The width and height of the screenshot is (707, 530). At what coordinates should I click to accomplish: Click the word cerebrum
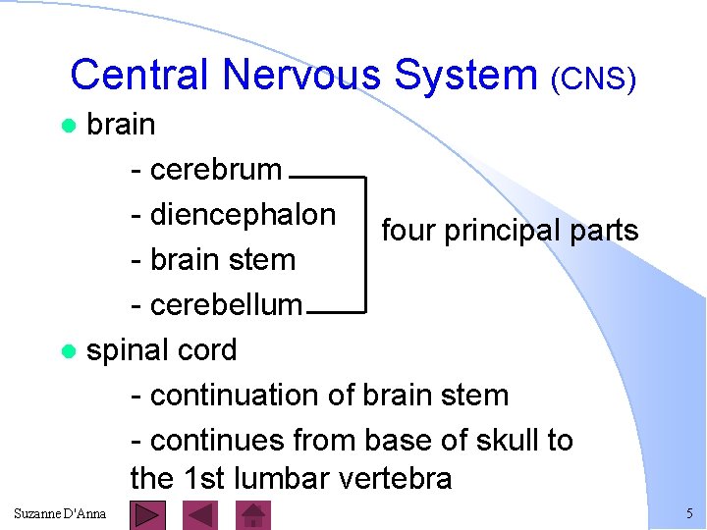pos(216,170)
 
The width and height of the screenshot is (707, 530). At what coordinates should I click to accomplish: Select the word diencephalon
pos(243,215)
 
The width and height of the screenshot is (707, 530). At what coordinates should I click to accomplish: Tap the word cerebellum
pos(227,305)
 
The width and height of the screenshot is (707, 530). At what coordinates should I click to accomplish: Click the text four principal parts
pos(510,231)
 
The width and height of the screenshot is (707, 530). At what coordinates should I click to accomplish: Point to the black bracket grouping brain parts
pos(364,244)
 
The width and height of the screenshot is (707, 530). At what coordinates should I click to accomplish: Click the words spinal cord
pos(162,350)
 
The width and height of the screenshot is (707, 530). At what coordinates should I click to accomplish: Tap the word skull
pos(503,441)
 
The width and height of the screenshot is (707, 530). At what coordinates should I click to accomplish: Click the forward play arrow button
pos(147,515)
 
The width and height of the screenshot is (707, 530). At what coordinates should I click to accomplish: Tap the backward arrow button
pos(201,515)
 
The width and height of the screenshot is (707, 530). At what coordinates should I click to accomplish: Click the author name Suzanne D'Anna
pos(61,513)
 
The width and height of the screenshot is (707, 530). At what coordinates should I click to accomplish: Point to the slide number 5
pos(689,513)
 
